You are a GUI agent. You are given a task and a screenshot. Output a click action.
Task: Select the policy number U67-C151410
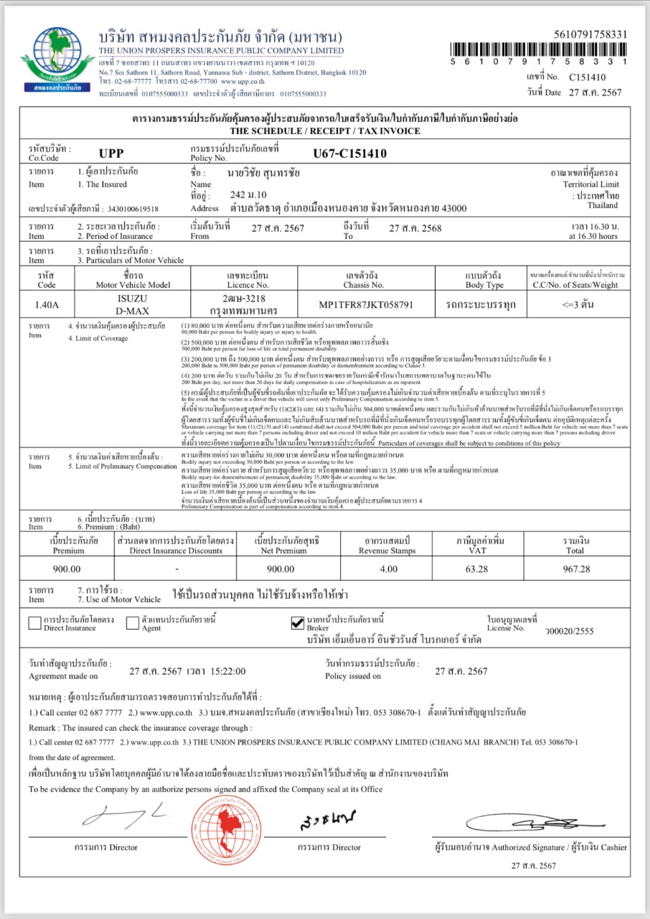350,153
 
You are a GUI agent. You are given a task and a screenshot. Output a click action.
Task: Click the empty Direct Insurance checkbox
34,622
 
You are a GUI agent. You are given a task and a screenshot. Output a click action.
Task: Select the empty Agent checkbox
132,622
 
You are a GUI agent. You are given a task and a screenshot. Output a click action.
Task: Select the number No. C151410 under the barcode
588,77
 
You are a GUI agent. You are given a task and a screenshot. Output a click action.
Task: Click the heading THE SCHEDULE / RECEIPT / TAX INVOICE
324,131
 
